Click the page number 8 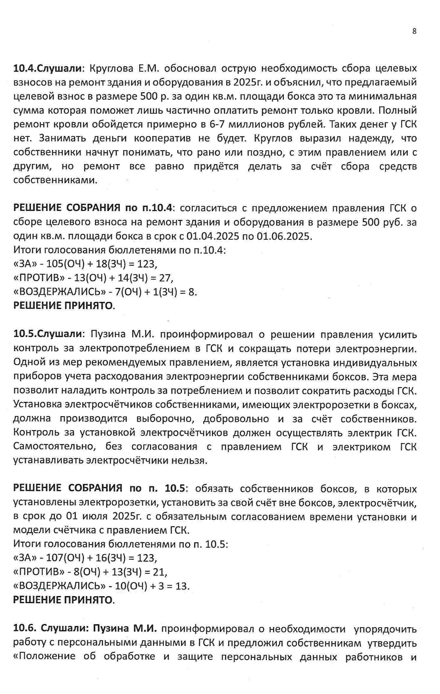click(414, 31)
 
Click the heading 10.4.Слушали click(47, 68)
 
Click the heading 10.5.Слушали click(47, 334)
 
